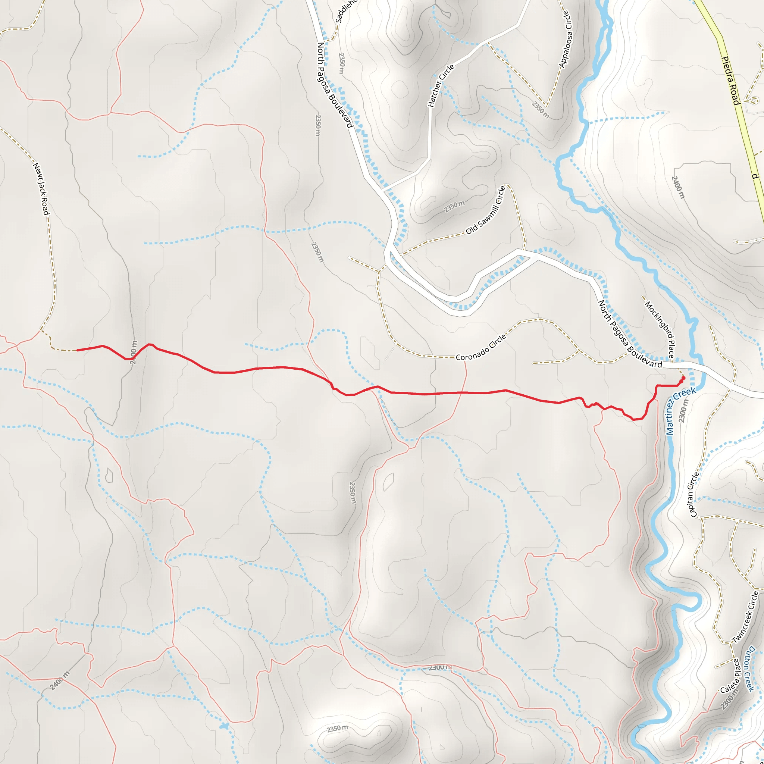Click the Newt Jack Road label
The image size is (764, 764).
[41, 189]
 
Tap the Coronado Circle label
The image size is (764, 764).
[480, 348]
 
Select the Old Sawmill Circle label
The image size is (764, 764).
[486, 210]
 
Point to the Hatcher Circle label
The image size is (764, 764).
[441, 85]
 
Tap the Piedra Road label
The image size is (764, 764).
[730, 81]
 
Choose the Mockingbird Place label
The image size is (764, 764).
[660, 329]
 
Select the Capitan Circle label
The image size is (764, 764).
[694, 494]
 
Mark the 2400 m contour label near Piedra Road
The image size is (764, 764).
[677, 187]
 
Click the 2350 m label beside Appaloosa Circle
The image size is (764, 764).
[541, 110]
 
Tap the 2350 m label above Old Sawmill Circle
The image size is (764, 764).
[454, 206]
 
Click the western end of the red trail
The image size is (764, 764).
[77, 350]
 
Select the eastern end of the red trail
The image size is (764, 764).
[683, 378]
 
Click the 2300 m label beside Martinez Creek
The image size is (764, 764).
[683, 410]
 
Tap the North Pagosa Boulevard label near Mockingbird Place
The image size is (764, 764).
[630, 335]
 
